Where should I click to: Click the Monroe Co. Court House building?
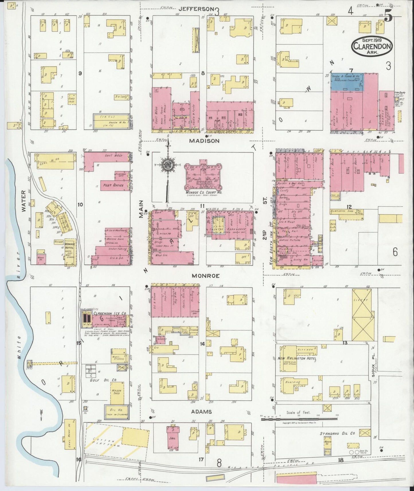[203, 176]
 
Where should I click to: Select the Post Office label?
[113, 185]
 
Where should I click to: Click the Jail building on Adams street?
[173, 438]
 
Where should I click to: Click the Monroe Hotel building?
[70, 252]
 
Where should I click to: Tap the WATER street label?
[24, 201]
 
